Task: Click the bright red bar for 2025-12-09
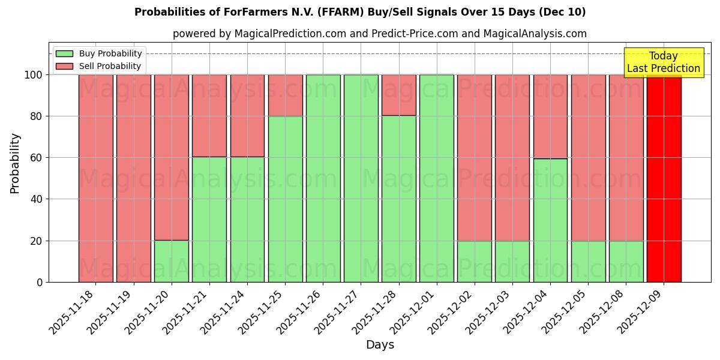(664, 178)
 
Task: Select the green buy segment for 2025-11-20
(171, 261)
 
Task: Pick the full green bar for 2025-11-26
(323, 178)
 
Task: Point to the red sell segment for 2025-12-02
(474, 158)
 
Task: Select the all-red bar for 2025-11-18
(95, 178)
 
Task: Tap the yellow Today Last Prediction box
(663, 62)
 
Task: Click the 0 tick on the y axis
(40, 282)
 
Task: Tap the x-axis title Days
(380, 345)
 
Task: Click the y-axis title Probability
(15, 163)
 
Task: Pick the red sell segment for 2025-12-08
(626, 158)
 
